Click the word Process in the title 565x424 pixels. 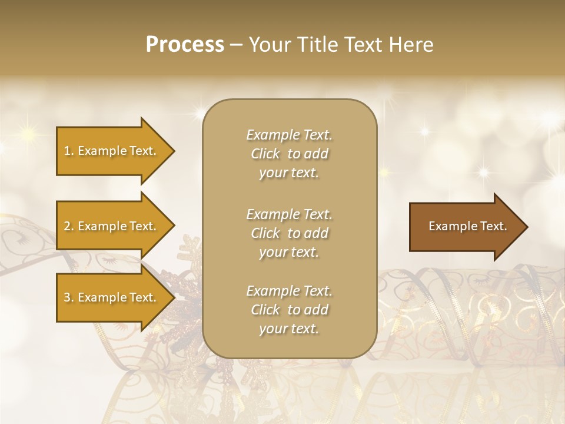click(185, 45)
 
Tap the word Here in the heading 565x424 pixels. click(410, 45)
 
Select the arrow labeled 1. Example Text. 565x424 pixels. click(112, 151)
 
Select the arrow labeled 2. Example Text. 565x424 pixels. click(112, 226)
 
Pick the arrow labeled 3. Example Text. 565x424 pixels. click(112, 297)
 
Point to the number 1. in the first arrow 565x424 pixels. click(68, 151)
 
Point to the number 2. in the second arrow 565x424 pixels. click(68, 226)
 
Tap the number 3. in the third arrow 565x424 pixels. click(68, 297)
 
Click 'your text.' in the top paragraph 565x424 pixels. click(289, 173)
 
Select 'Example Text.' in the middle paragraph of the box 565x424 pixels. click(289, 214)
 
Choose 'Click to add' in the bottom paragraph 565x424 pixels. click(289, 310)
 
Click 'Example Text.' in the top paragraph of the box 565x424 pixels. click(289, 135)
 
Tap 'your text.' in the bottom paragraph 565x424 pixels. click(289, 329)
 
